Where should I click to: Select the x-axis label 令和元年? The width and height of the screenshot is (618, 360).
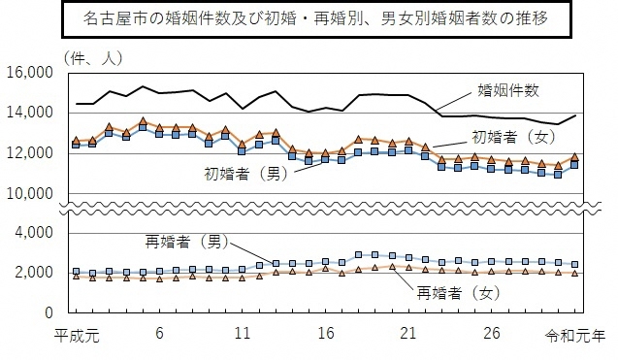pyautogui.click(x=580, y=334)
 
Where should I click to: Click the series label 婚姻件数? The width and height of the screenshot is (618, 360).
pyautogui.click(x=510, y=92)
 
